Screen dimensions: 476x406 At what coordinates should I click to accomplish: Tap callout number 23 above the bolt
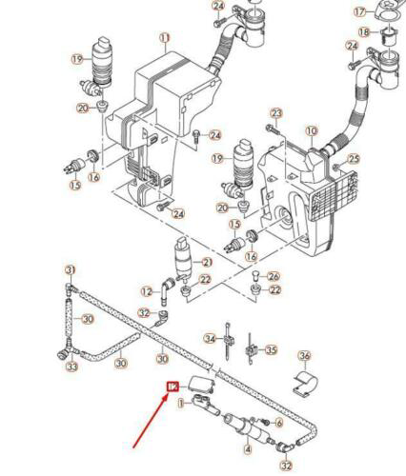coord(277,113)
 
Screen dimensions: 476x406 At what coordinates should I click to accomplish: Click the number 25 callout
coord(355,158)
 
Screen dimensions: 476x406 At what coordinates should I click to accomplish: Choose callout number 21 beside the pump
coord(204,262)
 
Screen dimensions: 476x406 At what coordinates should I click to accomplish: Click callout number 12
coord(146,291)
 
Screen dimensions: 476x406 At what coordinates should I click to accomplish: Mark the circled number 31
coord(69,269)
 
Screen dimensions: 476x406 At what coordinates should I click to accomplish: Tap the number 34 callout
coord(210,338)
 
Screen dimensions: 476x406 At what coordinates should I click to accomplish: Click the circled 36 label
coord(304,357)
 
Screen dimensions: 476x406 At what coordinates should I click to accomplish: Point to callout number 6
coord(279,422)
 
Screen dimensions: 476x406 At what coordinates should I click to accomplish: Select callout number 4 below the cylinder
coord(248,448)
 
